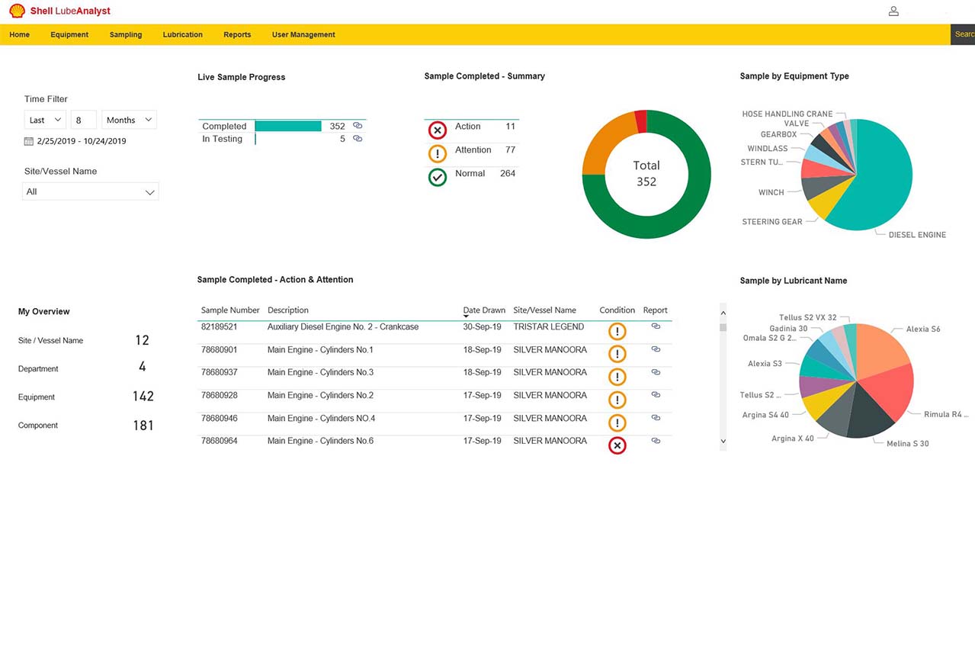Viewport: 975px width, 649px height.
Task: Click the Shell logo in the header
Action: pyautogui.click(x=18, y=11)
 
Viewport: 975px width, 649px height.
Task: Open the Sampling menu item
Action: pyautogui.click(x=126, y=34)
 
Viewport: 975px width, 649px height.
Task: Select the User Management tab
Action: pyautogui.click(x=303, y=34)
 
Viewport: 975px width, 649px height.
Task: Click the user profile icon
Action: pyautogui.click(x=893, y=11)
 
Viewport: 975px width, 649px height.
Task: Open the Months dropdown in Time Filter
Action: pyautogui.click(x=129, y=120)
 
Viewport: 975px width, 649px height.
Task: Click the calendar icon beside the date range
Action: pyautogui.click(x=29, y=141)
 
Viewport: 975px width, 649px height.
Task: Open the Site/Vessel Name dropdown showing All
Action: pyautogui.click(x=91, y=191)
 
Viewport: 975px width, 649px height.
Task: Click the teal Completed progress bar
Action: pyautogui.click(x=288, y=126)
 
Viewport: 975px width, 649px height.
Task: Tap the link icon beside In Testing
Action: pyautogui.click(x=358, y=139)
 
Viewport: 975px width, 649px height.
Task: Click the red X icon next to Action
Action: pyautogui.click(x=438, y=130)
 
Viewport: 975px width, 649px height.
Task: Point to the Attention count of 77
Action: pyautogui.click(x=510, y=149)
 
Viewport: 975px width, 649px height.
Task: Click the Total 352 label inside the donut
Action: pyautogui.click(x=646, y=173)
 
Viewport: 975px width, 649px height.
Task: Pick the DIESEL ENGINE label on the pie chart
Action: pyautogui.click(x=917, y=235)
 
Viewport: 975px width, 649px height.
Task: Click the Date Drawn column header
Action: pyautogui.click(x=484, y=310)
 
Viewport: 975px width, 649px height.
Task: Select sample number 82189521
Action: pyautogui.click(x=219, y=326)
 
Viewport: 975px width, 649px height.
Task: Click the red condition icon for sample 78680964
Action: pyautogui.click(x=617, y=445)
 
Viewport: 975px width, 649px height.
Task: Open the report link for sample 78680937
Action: pyautogui.click(x=656, y=372)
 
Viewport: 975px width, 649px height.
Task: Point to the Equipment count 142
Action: pyautogui.click(x=143, y=396)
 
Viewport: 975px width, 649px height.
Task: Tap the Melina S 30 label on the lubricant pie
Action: pyautogui.click(x=907, y=443)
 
